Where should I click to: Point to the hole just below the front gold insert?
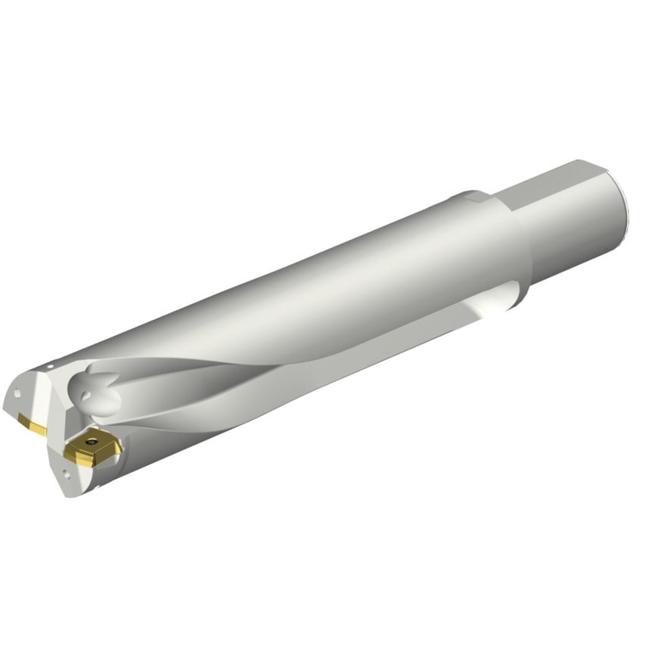point(66,474)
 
